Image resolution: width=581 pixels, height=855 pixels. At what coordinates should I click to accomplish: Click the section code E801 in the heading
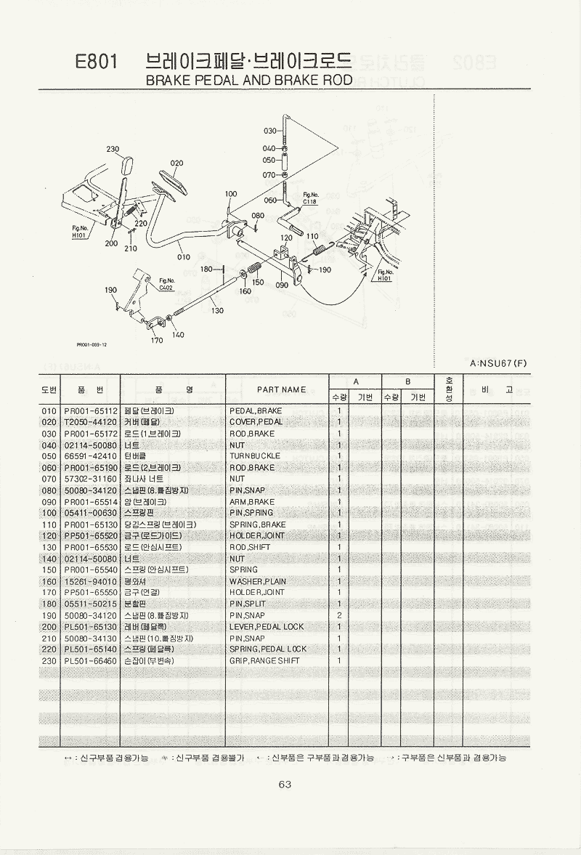[x=97, y=62]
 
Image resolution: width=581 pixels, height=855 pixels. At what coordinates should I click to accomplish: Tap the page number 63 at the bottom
[x=284, y=784]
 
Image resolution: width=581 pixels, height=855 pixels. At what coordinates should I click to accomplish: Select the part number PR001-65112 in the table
[x=89, y=410]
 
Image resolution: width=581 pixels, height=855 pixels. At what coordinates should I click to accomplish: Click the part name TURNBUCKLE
[x=255, y=456]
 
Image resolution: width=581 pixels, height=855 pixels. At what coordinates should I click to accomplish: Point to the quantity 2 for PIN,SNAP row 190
[x=339, y=615]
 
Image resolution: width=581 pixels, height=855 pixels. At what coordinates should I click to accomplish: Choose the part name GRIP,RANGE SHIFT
[x=264, y=660]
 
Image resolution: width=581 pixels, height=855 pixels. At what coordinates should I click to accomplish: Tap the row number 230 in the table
[x=49, y=660]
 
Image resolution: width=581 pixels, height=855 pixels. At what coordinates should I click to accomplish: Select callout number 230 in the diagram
[x=113, y=150]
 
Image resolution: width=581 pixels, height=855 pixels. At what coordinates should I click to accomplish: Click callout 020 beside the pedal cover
[x=176, y=163]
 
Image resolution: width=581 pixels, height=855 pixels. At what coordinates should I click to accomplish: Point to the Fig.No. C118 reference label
[x=310, y=198]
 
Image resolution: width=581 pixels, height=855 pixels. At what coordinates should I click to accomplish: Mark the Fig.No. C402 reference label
[x=167, y=284]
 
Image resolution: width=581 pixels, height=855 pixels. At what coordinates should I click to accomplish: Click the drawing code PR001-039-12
[x=92, y=345]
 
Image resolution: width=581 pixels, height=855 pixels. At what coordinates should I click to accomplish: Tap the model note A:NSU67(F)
[x=499, y=363]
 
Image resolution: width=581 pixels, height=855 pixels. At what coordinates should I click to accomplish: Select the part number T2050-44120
[x=89, y=422]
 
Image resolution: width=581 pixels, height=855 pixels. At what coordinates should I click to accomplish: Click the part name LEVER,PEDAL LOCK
[x=267, y=626]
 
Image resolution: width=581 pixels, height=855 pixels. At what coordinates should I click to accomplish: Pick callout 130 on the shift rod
[x=217, y=311]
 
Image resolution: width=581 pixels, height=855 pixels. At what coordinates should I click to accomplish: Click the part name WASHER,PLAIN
[x=258, y=581]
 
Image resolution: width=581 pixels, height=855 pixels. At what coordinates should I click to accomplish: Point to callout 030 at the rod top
[x=270, y=131]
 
